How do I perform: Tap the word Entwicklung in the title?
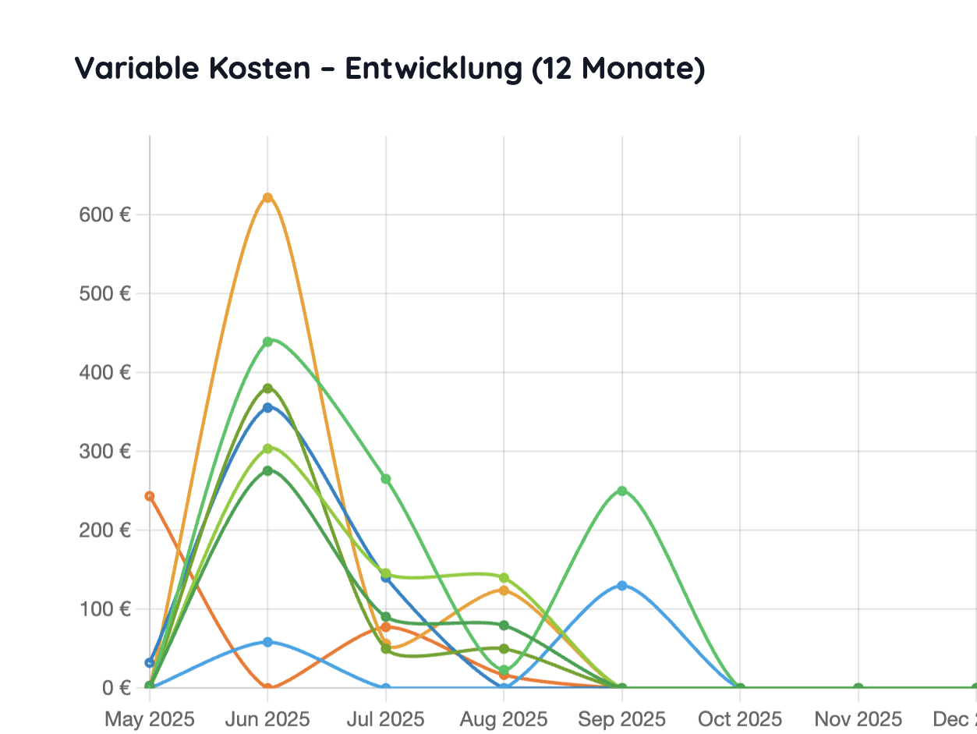[434, 69]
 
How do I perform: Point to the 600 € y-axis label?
[104, 215]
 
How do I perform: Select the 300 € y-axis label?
[104, 451]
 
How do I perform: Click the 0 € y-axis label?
[115, 687]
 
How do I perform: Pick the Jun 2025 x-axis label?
[267, 718]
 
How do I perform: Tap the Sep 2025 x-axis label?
[621, 718]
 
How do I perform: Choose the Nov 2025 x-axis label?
[858, 718]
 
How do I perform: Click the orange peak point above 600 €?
[267, 197]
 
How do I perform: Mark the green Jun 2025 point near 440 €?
[267, 342]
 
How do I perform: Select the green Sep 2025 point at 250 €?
[621, 491]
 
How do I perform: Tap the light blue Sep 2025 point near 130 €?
[621, 585]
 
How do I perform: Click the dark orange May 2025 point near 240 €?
[150, 496]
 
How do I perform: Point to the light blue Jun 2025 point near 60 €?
[267, 642]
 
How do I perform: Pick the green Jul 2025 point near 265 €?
[385, 479]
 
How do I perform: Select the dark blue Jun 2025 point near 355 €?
[267, 407]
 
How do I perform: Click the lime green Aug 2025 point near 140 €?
[504, 578]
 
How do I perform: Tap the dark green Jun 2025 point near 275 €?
[267, 470]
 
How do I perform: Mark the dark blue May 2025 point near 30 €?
[150, 662]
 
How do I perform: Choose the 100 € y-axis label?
[104, 608]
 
